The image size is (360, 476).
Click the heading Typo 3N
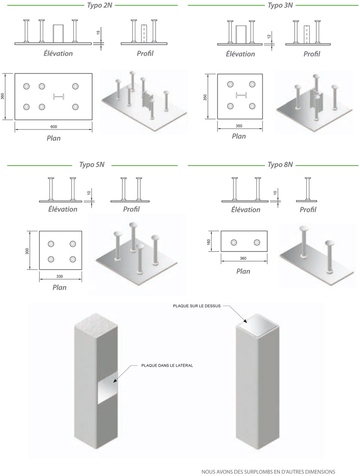[x=280, y=5]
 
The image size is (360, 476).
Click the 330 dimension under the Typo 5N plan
[x=60, y=277]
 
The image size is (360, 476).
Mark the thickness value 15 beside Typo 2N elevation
[x=98, y=32]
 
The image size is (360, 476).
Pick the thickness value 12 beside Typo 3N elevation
[x=269, y=36]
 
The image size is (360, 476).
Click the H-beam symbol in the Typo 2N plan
[x=59, y=97]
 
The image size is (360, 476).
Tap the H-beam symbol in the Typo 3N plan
[x=240, y=95]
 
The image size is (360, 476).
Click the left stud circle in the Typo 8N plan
[x=234, y=242]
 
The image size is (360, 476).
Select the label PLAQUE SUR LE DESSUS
[x=197, y=306]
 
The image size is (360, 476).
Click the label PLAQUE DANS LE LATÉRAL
[x=167, y=365]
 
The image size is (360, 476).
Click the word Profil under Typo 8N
[x=308, y=210]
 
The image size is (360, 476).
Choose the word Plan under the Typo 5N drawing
[x=60, y=287]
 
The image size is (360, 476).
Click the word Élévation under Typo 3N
[x=240, y=54]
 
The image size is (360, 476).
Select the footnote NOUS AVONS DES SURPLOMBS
[x=268, y=471]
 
